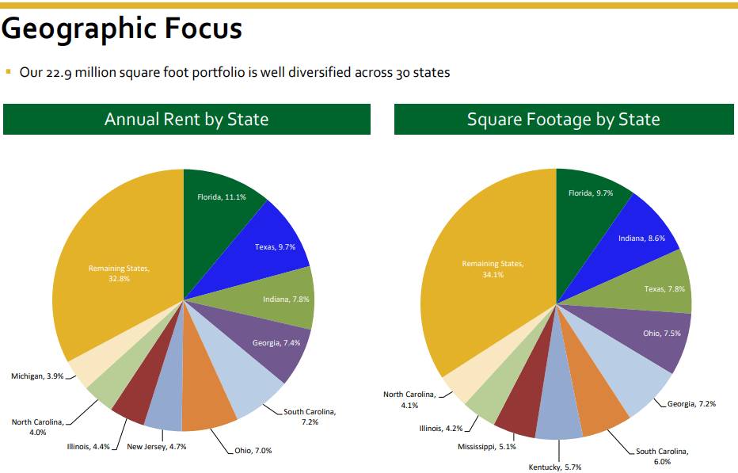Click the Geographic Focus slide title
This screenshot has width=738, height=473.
[x=122, y=29]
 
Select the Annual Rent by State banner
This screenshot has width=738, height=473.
[x=186, y=120]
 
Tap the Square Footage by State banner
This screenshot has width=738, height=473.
[x=563, y=120]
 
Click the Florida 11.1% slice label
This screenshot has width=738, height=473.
[x=221, y=196]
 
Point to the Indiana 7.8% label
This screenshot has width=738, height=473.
[x=286, y=299]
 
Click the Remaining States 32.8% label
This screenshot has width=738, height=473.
[x=119, y=273]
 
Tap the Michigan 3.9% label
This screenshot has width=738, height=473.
[x=37, y=376]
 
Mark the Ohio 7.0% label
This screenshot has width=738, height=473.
[x=253, y=451]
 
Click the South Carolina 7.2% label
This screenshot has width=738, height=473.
[x=310, y=417]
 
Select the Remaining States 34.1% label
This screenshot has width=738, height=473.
[x=493, y=269]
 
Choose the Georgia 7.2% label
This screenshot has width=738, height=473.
[x=690, y=404]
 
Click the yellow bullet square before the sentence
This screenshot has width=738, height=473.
[x=8, y=72]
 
